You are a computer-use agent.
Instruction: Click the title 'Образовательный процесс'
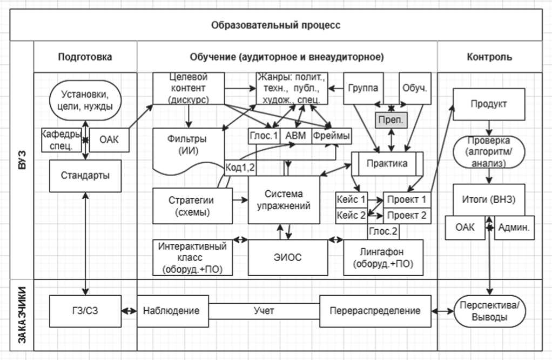click(x=276, y=25)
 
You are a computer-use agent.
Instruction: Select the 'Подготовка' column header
click(x=85, y=57)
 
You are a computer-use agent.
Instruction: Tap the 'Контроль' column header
click(x=489, y=57)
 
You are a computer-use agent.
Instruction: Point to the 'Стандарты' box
click(x=85, y=175)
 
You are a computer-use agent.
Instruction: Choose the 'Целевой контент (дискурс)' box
click(x=188, y=88)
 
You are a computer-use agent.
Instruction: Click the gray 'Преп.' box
click(x=390, y=118)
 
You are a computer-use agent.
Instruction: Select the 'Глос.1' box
click(x=264, y=137)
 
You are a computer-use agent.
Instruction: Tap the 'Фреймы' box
click(x=331, y=137)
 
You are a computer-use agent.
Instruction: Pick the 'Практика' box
click(x=387, y=164)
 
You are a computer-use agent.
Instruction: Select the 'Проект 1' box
click(x=408, y=199)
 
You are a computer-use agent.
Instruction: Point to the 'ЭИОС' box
click(x=288, y=257)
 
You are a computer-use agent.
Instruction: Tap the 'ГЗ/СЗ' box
click(x=85, y=311)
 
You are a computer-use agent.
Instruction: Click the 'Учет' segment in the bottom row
click(x=264, y=311)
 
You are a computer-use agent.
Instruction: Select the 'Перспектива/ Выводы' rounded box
click(x=489, y=311)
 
